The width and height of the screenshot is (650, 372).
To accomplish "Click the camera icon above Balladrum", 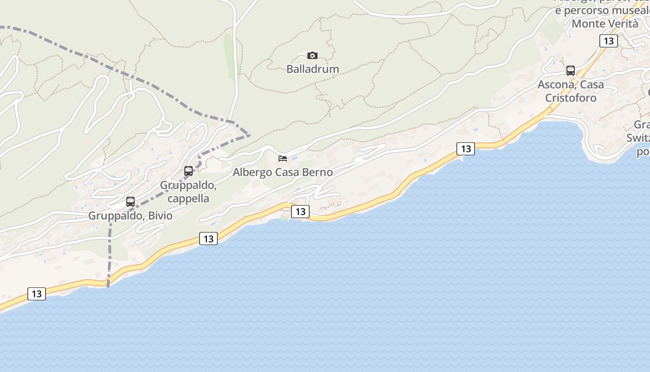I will click(x=312, y=56).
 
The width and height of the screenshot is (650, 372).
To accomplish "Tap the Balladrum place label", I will click(x=312, y=69).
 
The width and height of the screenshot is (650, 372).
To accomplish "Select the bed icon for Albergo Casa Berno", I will click(x=282, y=159).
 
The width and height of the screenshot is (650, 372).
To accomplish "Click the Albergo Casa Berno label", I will click(x=282, y=173).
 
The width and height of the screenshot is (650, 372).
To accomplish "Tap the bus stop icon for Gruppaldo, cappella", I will click(x=188, y=171).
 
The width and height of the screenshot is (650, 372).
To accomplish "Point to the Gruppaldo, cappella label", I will click(x=188, y=192).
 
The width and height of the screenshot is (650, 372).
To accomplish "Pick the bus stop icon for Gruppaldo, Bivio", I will click(x=130, y=202).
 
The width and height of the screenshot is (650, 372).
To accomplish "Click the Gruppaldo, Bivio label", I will click(x=130, y=216).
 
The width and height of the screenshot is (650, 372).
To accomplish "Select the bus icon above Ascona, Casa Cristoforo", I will click(x=571, y=71).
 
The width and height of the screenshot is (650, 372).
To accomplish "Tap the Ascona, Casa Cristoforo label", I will click(x=571, y=91).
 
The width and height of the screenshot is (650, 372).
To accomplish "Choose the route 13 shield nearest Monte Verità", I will click(x=608, y=41).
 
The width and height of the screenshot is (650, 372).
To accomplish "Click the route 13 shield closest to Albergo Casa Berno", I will click(x=300, y=212).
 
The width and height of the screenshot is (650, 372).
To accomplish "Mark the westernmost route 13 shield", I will click(x=37, y=294).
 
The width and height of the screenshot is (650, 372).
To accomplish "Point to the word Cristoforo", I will click(x=571, y=98).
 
